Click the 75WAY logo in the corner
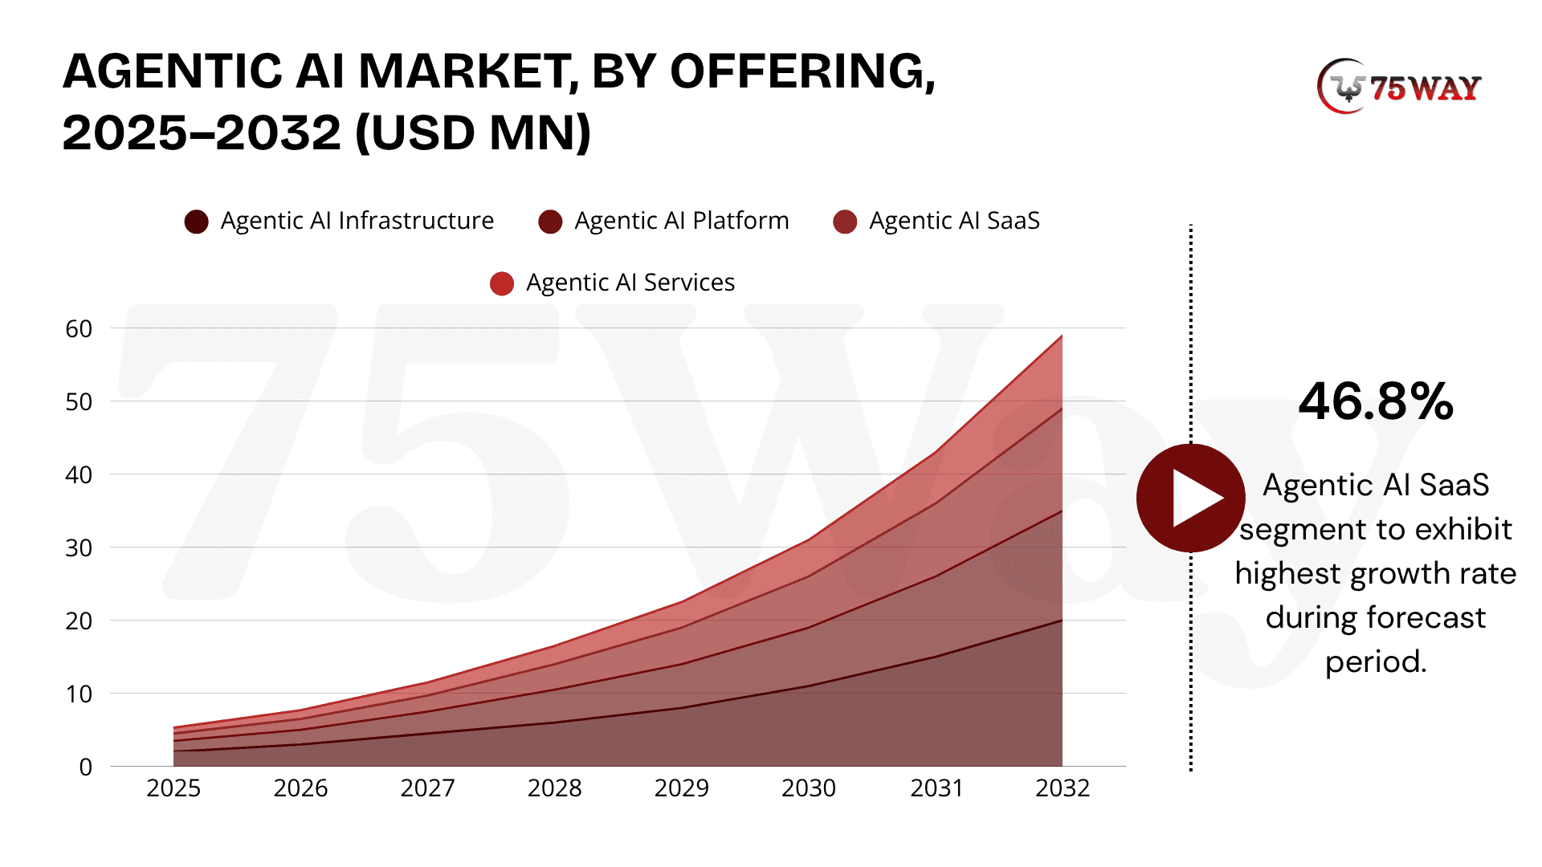[1399, 87]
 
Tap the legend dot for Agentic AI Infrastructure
[196, 222]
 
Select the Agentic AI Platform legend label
[681, 221]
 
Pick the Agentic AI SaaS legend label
[954, 221]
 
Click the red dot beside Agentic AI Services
[502, 283]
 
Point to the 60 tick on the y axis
[79, 328]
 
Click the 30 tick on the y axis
[79, 548]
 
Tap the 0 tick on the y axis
[85, 767]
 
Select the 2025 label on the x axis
[173, 788]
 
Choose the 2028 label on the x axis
[554, 788]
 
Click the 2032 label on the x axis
[1062, 788]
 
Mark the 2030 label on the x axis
[808, 788]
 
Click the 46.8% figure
[1376, 401]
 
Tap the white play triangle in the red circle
[1195, 499]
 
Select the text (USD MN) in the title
[473, 132]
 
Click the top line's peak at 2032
[1062, 336]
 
